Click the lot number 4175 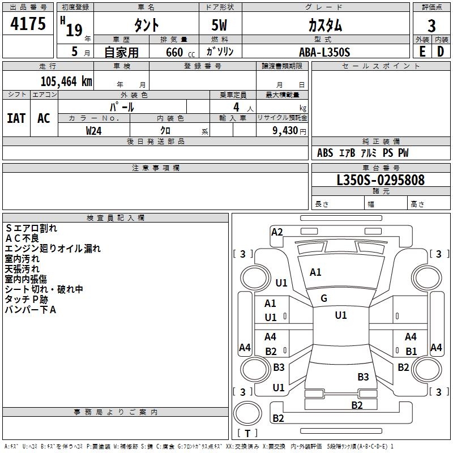(x=28, y=24)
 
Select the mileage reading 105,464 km (x=66, y=81)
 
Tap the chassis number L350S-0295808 (x=381, y=180)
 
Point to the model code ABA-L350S (x=324, y=52)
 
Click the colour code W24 (x=94, y=130)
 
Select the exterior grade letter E (x=422, y=52)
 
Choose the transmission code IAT (x=16, y=118)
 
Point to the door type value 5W (x=220, y=25)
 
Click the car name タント (x=146, y=25)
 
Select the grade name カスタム (x=324, y=25)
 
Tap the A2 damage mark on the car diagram (x=277, y=232)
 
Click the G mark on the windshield (x=324, y=298)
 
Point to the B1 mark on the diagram (x=411, y=352)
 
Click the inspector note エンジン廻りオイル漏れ (x=53, y=249)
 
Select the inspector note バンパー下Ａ (x=31, y=310)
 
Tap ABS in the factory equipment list (x=325, y=153)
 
